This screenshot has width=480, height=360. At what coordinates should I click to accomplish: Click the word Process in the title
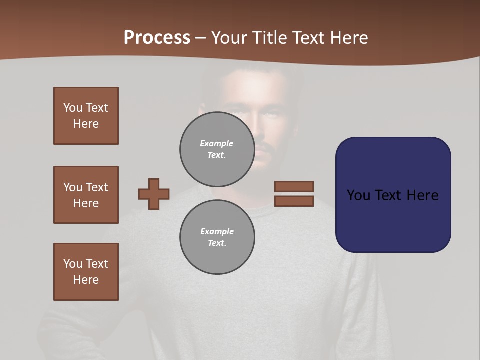click(x=157, y=38)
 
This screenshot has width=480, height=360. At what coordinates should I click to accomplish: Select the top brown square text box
click(x=86, y=116)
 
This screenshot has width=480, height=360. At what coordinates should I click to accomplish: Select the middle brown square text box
click(x=86, y=195)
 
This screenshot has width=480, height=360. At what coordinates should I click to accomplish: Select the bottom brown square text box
click(x=86, y=271)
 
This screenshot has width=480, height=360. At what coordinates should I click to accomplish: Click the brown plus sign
click(x=154, y=194)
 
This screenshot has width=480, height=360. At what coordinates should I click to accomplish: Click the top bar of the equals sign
click(x=294, y=186)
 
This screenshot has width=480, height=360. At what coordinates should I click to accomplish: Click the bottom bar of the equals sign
click(x=294, y=201)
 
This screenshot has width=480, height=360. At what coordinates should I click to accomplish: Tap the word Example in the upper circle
click(x=216, y=143)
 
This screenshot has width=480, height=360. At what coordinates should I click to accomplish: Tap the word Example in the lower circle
click(x=217, y=231)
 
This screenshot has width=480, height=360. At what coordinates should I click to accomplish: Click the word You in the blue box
click(x=358, y=195)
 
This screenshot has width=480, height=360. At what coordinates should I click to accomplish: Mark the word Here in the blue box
click(x=422, y=195)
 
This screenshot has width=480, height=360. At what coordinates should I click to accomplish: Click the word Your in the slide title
click(x=229, y=38)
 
